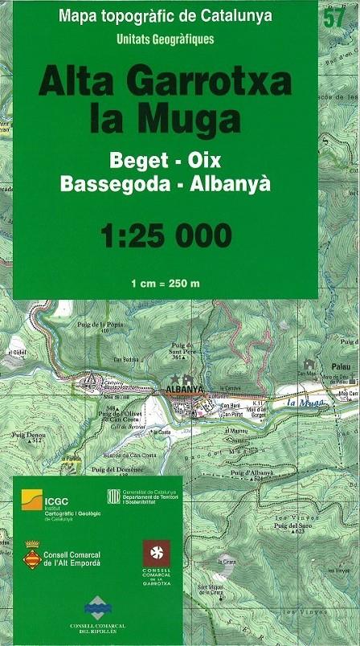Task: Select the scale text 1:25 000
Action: click(166, 236)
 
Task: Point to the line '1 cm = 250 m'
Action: click(166, 284)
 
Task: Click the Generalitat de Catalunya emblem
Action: click(113, 496)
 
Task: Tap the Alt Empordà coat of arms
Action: click(32, 555)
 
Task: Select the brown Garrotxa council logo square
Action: click(156, 553)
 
